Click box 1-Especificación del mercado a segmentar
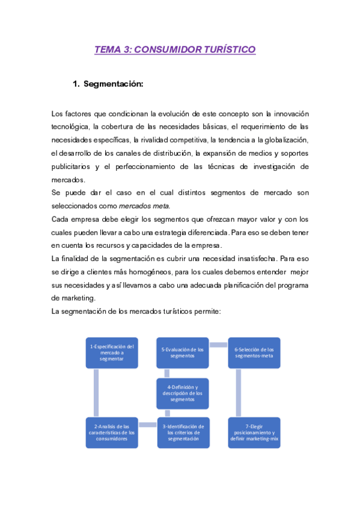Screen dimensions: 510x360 tap(112, 352)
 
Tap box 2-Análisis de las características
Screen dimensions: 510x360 tap(112, 432)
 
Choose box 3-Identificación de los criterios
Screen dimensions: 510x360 tap(183, 432)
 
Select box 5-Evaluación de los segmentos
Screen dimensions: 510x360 tap(183, 352)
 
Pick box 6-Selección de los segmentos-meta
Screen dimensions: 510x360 tap(254, 352)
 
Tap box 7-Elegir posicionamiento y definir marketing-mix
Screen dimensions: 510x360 tap(254, 432)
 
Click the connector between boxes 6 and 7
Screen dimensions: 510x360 tap(239, 392)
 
